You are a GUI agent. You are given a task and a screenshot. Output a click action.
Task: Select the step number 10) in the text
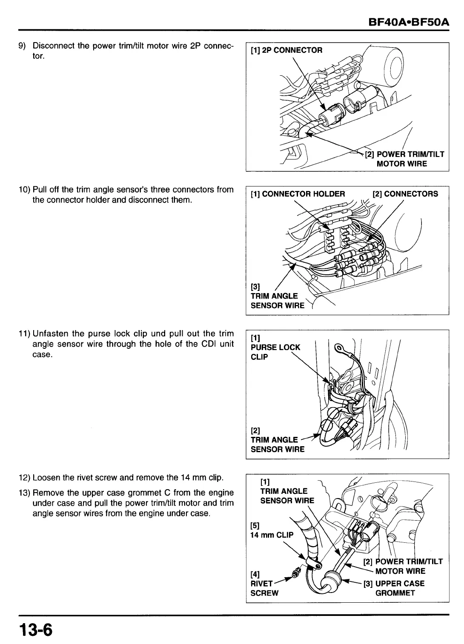pyautogui.click(x=24, y=189)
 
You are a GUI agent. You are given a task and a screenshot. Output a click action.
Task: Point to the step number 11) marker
pyautogui.click(x=24, y=333)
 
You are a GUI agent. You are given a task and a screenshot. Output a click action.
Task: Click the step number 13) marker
pyautogui.click(x=24, y=493)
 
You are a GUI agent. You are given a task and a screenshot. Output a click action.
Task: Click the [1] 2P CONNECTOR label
pyautogui.click(x=286, y=50)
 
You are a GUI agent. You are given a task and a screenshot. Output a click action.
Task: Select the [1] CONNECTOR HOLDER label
pyautogui.click(x=298, y=194)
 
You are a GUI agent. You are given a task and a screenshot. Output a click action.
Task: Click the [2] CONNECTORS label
pyautogui.click(x=405, y=194)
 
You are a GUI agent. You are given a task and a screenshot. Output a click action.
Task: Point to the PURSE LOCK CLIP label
pyautogui.click(x=275, y=352)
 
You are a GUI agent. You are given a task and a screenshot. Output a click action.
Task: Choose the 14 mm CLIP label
pyautogui.click(x=272, y=535)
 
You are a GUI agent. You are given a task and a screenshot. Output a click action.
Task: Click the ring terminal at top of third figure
pyautogui.click(x=341, y=348)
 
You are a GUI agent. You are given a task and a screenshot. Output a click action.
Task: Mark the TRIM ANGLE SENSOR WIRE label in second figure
pyautogui.click(x=277, y=301)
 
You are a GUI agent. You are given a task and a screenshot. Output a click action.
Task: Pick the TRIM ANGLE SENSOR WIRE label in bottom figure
pyautogui.click(x=287, y=496)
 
